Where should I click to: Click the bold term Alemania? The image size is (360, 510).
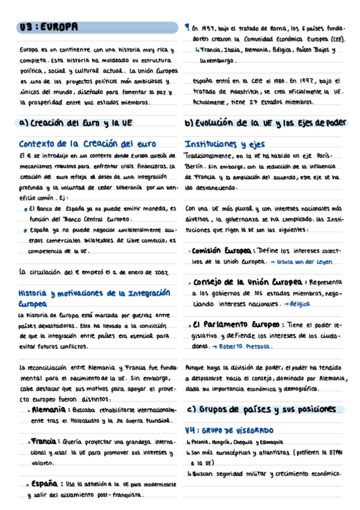(48, 410)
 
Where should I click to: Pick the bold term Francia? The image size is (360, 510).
(47, 441)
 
